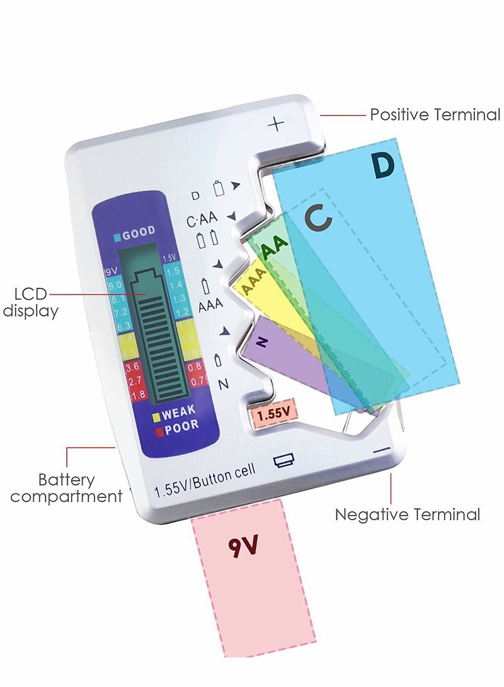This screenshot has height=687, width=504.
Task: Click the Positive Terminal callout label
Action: [435, 115]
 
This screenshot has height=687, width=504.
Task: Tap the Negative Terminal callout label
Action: [407, 514]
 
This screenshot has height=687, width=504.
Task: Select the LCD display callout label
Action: [31, 302]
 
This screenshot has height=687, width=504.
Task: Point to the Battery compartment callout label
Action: [66, 488]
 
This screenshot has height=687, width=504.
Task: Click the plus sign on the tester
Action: [276, 123]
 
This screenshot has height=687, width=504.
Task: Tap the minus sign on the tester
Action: [382, 451]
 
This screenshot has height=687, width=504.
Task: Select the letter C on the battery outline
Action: [318, 218]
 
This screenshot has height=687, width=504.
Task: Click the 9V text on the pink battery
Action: [243, 545]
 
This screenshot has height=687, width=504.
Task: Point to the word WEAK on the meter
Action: [178, 414]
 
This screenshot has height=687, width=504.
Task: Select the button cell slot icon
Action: [283, 461]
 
